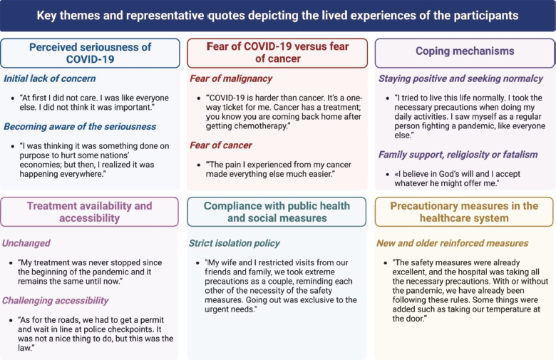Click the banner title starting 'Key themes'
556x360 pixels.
tap(277, 16)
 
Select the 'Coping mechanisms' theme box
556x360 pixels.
tap(465, 53)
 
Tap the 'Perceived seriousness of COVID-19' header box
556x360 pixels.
tap(90, 53)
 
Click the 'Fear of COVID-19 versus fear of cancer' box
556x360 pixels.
tap(277, 53)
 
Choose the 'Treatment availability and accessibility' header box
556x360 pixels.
tap(89, 212)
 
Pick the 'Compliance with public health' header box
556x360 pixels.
tap(277, 212)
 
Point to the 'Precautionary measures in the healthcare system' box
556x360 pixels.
tap(464, 212)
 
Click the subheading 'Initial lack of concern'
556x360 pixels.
tap(50, 78)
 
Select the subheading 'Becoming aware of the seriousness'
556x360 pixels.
tap(80, 127)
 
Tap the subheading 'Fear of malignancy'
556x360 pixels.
tap(231, 78)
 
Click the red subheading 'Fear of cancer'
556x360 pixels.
tap(220, 145)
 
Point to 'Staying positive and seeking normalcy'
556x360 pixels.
tap(460, 78)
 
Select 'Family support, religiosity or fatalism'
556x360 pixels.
tap(458, 155)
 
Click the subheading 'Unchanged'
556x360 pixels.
tap(26, 243)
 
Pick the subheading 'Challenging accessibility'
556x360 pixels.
tap(55, 300)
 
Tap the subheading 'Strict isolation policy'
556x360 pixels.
tap(234, 243)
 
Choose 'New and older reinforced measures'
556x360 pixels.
tap(452, 243)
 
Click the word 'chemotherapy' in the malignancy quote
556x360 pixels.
tap(264, 126)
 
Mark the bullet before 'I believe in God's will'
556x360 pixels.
tap(387, 175)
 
